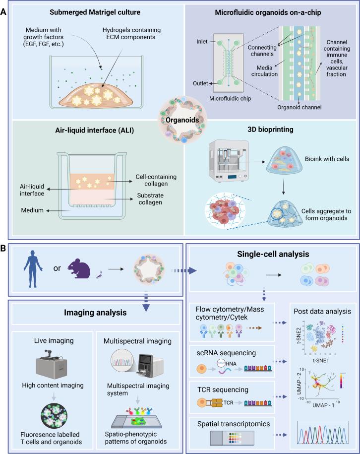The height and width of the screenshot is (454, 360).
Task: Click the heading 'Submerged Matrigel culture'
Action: [96, 11]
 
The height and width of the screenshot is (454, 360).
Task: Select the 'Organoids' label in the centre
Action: [180, 120]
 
